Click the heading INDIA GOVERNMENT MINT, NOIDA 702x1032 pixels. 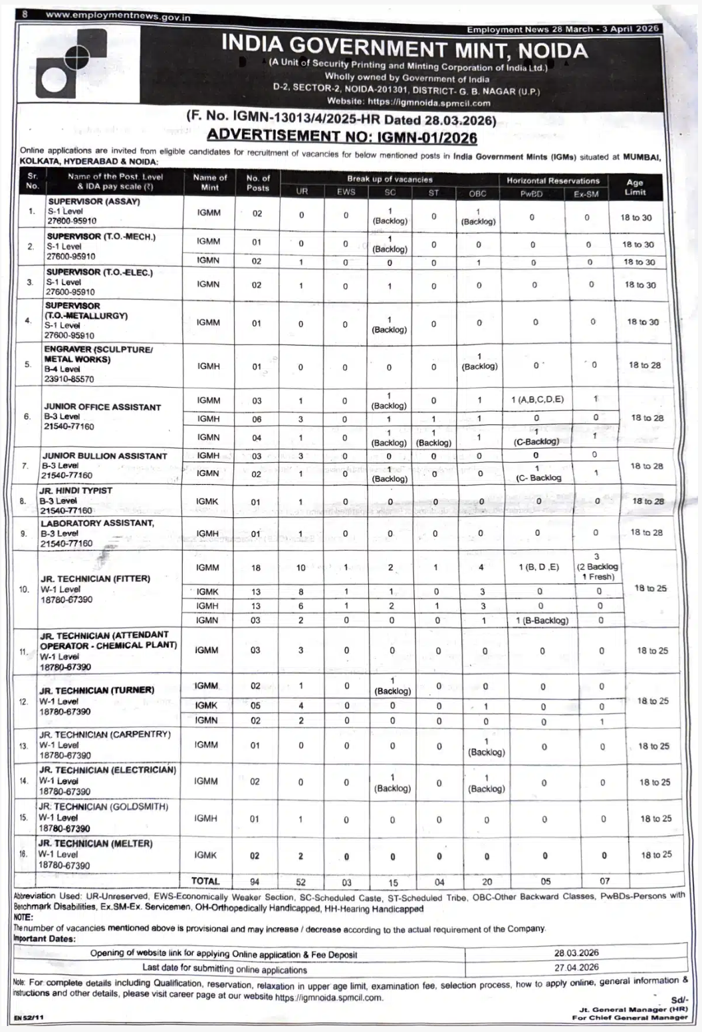click(404, 48)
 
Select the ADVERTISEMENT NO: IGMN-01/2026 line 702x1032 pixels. click(342, 137)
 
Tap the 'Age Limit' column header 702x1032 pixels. click(635, 187)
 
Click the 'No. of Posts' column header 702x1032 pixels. click(258, 183)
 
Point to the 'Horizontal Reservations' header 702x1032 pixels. click(552, 180)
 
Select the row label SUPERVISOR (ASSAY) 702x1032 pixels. click(94, 201)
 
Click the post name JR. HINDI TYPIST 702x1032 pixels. click(76, 491)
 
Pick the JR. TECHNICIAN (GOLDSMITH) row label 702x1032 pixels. click(103, 807)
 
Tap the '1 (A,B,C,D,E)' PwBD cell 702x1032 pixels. click(537, 400)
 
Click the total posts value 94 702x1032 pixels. click(255, 882)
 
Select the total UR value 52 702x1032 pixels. click(301, 882)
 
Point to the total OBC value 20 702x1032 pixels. click(487, 882)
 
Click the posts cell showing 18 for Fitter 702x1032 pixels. click(256, 568)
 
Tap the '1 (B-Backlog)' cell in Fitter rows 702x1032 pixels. click(542, 620)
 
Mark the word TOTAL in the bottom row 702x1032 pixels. click(205, 881)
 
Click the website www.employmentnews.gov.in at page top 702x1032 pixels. click(118, 16)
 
